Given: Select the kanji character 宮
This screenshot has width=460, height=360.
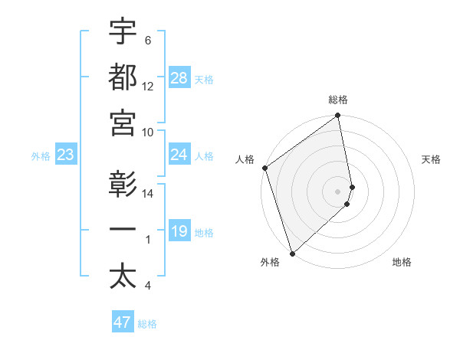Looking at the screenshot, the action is (123, 123).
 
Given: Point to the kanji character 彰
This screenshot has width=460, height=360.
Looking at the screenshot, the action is (123, 185).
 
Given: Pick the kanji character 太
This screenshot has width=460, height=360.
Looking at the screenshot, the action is (123, 277).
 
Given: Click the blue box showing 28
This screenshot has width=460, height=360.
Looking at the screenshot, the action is (179, 79).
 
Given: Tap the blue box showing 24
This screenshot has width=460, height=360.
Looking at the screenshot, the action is (179, 155).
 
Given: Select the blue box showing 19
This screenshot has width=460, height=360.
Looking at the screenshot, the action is (179, 232).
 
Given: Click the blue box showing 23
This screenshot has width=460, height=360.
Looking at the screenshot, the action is (65, 155).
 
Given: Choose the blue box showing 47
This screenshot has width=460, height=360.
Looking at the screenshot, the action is (123, 322).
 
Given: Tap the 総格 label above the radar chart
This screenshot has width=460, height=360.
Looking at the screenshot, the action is (338, 100).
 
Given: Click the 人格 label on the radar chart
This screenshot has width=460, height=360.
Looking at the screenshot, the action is (245, 159).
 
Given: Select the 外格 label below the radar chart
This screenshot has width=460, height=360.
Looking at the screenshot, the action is (269, 263).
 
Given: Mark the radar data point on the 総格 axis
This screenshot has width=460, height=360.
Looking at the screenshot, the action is (338, 116).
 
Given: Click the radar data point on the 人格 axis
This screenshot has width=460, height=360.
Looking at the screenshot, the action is (264, 168).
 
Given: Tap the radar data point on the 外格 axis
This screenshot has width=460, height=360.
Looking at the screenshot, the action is (292, 253).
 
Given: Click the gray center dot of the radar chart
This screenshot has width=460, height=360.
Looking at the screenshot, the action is (338, 191).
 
